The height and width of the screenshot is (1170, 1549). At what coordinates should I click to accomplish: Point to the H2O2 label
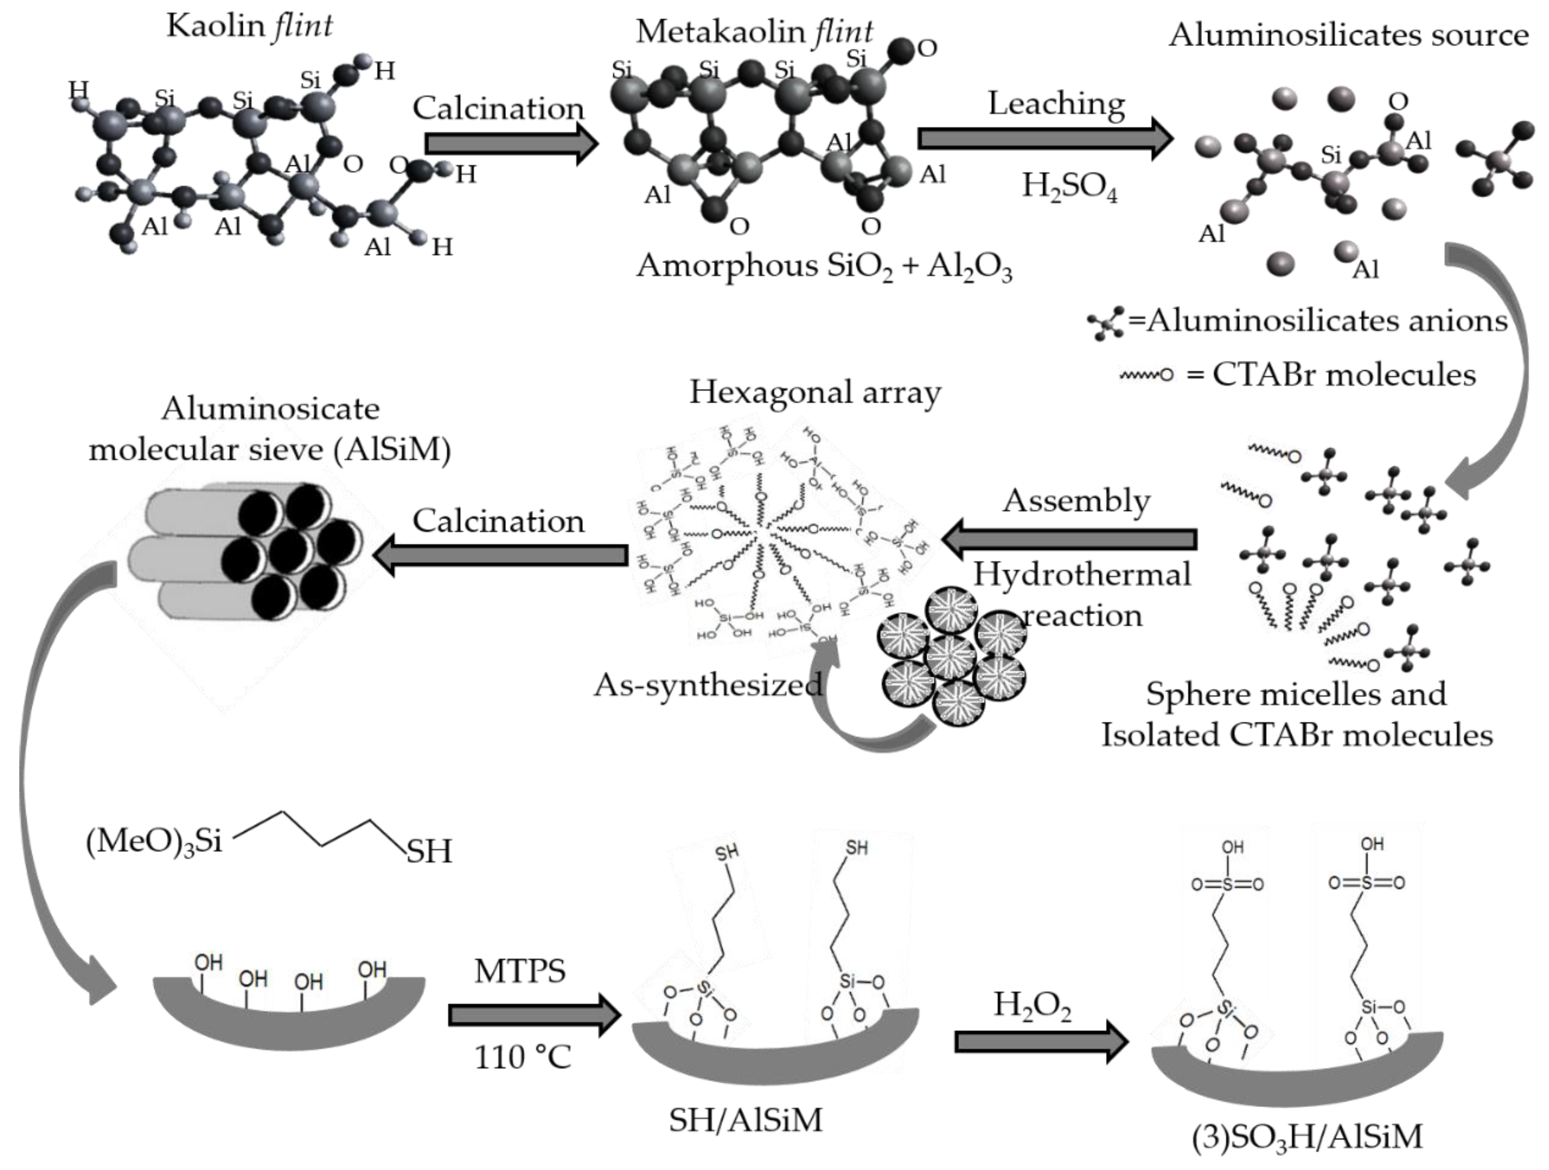(1032, 1006)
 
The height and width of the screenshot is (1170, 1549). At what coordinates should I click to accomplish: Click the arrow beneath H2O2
(1040, 1042)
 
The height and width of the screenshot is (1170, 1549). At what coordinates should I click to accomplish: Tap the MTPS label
(520, 971)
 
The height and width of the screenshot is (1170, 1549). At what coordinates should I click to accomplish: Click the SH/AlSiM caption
(745, 1120)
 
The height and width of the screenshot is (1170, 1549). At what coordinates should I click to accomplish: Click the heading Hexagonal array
(815, 393)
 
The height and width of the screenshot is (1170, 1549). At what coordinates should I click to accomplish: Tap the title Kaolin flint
(249, 26)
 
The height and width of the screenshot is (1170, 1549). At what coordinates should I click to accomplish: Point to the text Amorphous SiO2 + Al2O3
(823, 267)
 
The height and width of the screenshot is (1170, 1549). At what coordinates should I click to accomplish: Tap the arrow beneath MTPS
(534, 1015)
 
